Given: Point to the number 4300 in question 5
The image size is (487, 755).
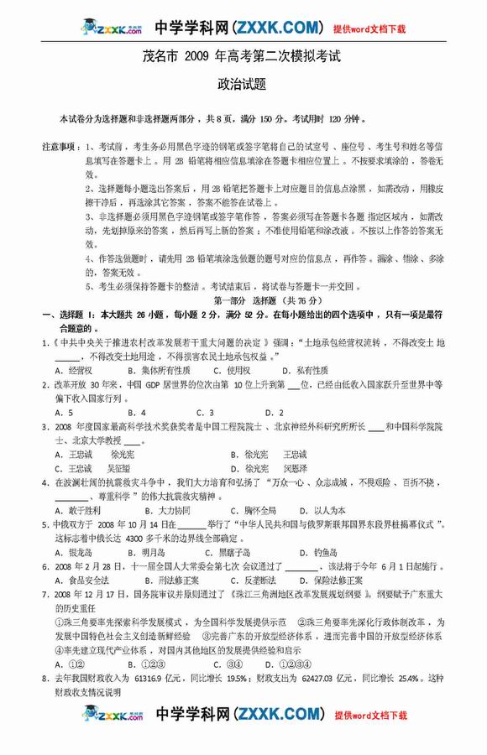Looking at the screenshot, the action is (127, 539).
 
